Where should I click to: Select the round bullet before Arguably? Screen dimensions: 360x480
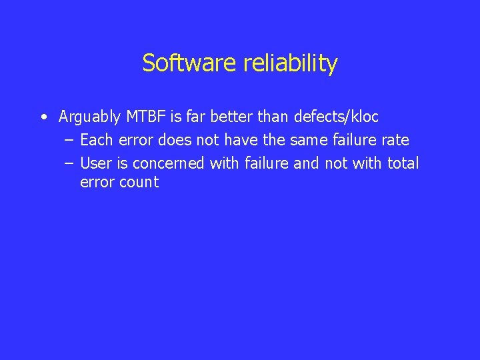(43, 118)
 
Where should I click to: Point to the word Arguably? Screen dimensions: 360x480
(89, 118)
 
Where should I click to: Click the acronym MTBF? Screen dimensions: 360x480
(146, 117)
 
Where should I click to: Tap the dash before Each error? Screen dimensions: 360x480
(69, 141)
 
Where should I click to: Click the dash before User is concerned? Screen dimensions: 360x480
(69, 163)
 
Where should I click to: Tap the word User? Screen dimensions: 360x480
(96, 163)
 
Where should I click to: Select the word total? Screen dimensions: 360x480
(403, 163)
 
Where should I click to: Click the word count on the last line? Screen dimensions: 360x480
(139, 183)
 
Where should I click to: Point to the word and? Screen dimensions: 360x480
(307, 163)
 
